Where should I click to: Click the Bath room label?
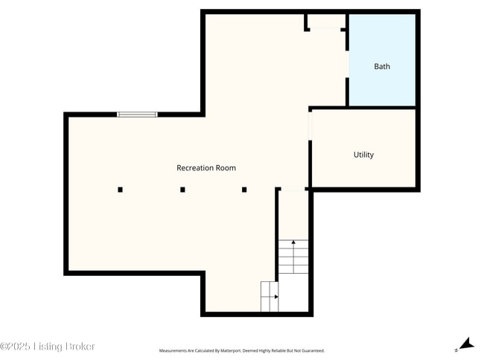(x=381, y=66)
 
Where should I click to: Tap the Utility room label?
(x=363, y=155)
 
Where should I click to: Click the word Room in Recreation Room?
(x=226, y=168)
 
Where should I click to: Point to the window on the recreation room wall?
(x=137, y=115)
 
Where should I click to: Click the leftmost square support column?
(x=120, y=190)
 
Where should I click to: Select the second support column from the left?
(x=182, y=190)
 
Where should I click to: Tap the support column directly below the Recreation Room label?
(x=244, y=190)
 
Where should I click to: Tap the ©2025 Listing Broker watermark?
(x=48, y=347)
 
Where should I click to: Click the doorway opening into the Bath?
(x=347, y=63)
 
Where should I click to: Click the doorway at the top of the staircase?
(x=293, y=190)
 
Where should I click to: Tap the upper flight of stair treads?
(x=293, y=257)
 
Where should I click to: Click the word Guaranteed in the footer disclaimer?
(x=311, y=350)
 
